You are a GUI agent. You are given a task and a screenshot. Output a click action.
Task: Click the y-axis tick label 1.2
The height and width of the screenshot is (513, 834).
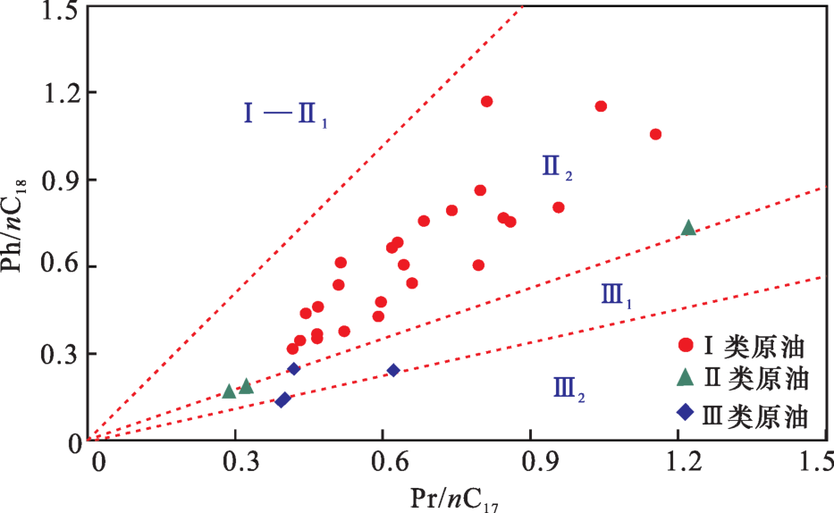[57, 93]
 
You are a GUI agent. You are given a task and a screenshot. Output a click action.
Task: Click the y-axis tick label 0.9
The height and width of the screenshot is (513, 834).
[57, 180]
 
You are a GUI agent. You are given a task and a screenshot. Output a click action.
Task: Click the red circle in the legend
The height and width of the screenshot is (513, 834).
[686, 345]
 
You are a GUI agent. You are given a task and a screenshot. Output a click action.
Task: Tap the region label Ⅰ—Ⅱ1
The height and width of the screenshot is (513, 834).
[285, 114]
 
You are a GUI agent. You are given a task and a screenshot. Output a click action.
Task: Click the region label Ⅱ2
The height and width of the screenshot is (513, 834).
[557, 167]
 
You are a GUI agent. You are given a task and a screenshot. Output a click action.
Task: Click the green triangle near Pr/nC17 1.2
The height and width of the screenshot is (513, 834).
[688, 228]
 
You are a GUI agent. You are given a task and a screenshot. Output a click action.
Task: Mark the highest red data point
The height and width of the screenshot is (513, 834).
[486, 101]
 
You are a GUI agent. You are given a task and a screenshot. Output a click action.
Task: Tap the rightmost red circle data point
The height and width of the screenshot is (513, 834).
[655, 134]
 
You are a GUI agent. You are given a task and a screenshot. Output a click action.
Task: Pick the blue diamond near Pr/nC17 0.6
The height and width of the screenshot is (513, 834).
[393, 370]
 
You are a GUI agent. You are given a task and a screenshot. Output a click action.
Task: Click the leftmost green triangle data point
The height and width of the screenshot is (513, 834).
[229, 391]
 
